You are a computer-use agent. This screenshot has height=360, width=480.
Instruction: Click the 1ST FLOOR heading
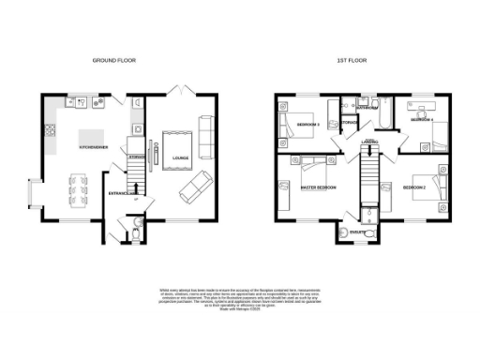[x=353, y=60]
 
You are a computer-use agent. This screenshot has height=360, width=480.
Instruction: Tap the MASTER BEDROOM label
[x=318, y=188]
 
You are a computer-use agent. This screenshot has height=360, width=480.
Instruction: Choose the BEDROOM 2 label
[x=415, y=188]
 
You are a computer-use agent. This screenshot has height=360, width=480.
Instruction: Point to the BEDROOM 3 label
[x=308, y=125]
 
